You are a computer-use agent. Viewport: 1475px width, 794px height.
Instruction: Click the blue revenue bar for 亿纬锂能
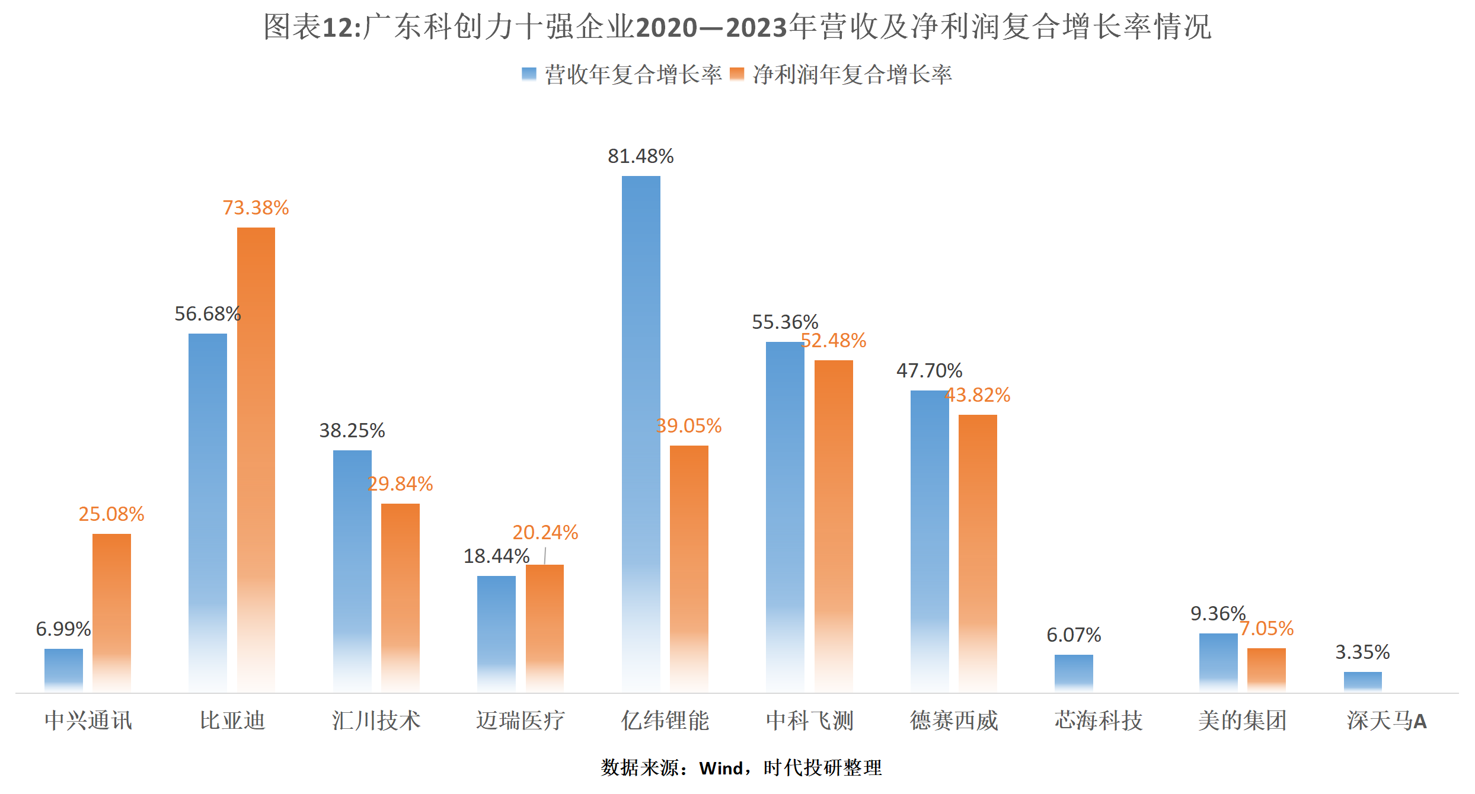click(x=641, y=433)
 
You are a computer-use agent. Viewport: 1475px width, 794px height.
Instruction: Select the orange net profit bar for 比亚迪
click(x=256, y=459)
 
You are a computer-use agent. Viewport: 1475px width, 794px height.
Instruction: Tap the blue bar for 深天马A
click(x=1362, y=681)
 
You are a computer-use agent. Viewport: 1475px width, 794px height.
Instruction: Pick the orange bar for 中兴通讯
click(x=111, y=612)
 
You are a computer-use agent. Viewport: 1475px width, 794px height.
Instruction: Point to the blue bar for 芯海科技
click(x=1074, y=673)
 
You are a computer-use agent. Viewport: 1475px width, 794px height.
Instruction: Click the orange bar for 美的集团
click(x=1266, y=670)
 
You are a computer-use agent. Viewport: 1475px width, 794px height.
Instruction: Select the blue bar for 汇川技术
click(x=352, y=570)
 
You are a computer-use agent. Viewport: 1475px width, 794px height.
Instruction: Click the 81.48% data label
click(x=641, y=156)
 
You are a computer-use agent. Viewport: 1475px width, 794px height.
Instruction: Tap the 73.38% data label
click(x=256, y=208)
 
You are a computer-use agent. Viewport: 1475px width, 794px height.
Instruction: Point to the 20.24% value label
click(x=545, y=533)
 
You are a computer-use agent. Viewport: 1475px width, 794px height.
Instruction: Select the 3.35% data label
click(x=1362, y=652)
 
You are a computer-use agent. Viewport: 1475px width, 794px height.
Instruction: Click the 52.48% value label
click(x=834, y=341)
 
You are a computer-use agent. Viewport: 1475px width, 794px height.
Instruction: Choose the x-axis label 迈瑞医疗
click(x=520, y=721)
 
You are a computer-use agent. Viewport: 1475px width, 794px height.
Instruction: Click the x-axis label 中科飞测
click(x=809, y=721)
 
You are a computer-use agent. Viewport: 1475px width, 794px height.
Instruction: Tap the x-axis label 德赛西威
click(x=954, y=721)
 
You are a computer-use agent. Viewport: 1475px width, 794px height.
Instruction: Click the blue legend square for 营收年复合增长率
click(x=529, y=74)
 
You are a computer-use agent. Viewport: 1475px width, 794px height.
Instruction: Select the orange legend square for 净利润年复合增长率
click(x=737, y=74)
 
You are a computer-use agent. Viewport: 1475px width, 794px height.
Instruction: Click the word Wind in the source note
click(x=721, y=769)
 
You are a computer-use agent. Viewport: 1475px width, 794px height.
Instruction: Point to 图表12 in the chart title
click(x=311, y=27)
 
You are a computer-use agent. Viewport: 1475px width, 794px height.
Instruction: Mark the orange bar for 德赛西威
click(x=978, y=553)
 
